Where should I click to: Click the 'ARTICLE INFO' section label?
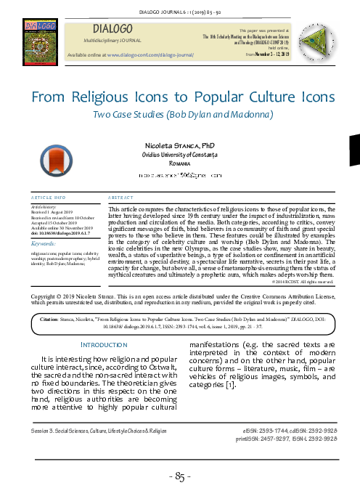(50, 198)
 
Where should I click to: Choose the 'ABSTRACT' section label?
(120, 198)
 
